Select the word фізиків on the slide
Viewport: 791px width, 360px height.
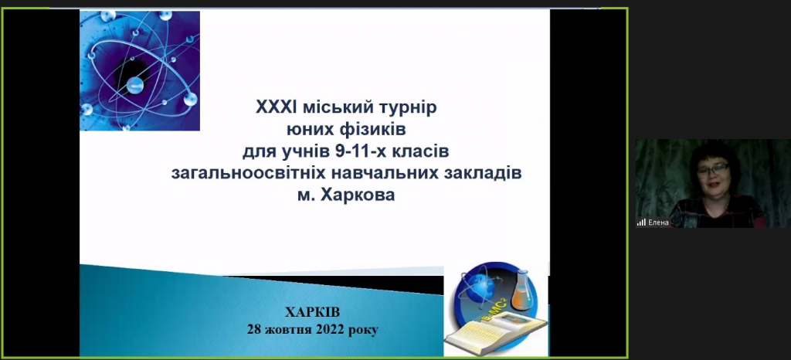379,130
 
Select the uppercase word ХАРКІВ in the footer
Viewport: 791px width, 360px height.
313,312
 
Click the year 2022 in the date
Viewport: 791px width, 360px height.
329,330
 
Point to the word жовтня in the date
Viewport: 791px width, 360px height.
287,330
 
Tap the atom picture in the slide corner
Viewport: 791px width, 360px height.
140,70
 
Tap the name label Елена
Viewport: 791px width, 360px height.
658,222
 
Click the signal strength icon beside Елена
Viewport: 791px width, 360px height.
641,222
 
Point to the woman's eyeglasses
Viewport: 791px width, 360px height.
713,168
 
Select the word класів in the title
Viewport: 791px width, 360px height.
426,151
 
